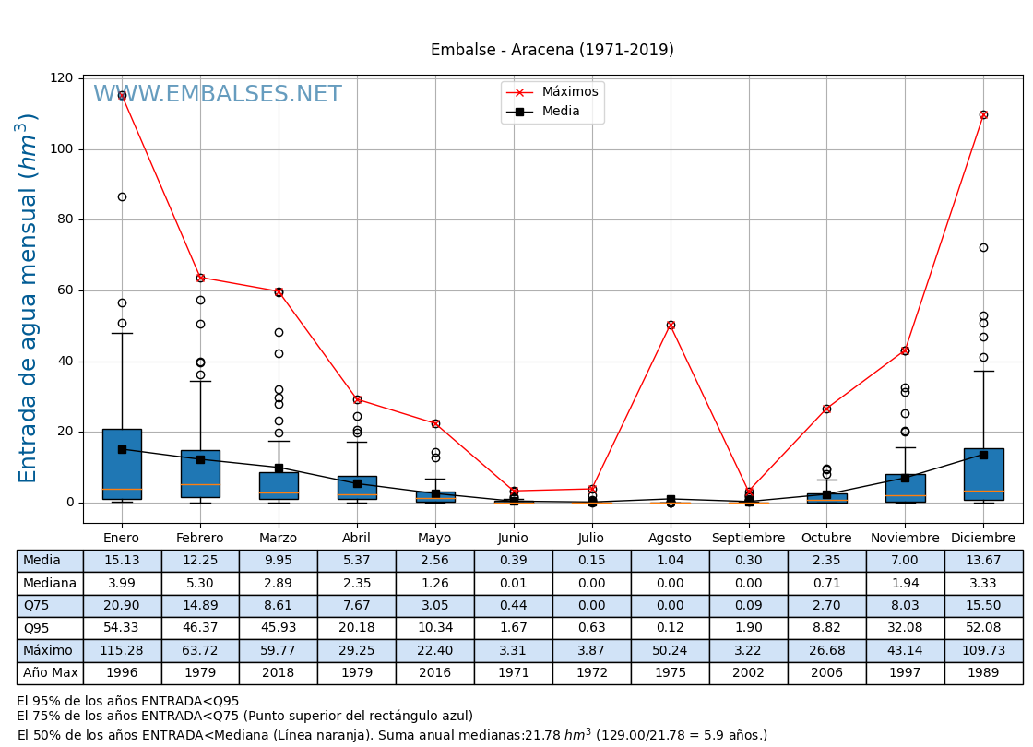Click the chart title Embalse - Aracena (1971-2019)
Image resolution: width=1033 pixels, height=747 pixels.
click(552, 50)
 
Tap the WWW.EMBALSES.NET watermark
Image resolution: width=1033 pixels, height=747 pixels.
click(217, 95)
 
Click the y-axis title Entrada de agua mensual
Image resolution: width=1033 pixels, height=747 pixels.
click(29, 297)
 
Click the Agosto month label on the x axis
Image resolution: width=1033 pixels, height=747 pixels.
click(670, 538)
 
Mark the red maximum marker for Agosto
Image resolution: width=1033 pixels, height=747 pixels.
click(671, 325)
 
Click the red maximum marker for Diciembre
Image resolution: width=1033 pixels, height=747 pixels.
click(983, 114)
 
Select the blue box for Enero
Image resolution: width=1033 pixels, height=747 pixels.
click(122, 464)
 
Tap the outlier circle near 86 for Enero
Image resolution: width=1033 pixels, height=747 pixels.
click(122, 196)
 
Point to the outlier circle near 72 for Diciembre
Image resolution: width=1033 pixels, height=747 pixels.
click(983, 247)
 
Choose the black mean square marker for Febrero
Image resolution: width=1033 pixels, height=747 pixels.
click(200, 459)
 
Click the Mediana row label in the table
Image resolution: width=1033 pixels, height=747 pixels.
click(50, 583)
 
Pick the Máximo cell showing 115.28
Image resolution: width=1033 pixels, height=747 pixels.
click(122, 650)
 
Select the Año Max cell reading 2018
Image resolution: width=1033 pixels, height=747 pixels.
click(278, 673)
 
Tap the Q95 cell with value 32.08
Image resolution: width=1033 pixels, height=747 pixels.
click(905, 628)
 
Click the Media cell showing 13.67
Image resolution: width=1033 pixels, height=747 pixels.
click(983, 561)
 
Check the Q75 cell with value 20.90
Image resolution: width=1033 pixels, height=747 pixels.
click(122, 606)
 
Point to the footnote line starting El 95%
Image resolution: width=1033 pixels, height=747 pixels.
click(127, 701)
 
